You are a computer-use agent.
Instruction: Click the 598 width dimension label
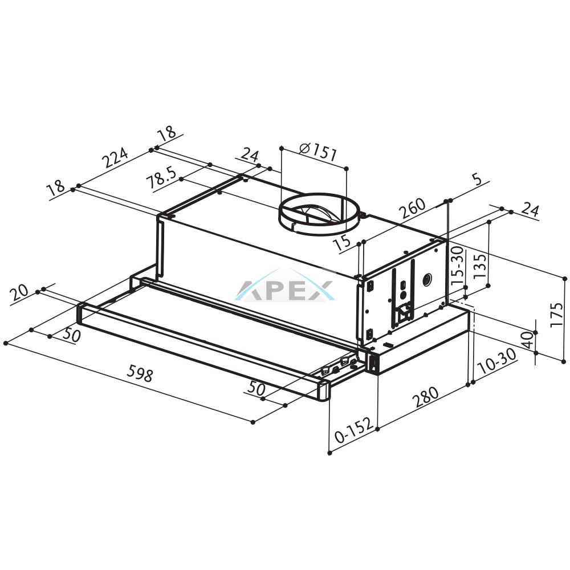(140, 374)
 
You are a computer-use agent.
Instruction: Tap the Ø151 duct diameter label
(317, 152)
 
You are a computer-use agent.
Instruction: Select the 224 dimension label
(115, 157)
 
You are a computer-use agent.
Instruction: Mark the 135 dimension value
(479, 266)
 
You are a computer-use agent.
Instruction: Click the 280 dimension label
(425, 398)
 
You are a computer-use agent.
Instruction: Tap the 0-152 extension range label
(354, 430)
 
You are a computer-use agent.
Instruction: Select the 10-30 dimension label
(497, 361)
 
